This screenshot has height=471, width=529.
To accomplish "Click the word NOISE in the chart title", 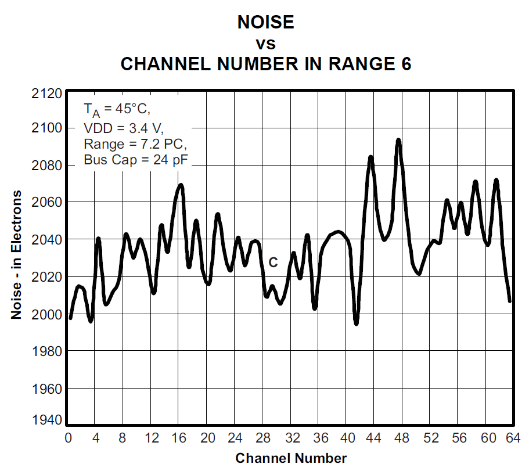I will (265, 22).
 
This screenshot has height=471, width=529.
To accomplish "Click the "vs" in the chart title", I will (265, 44).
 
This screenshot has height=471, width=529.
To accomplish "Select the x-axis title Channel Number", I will (291, 458).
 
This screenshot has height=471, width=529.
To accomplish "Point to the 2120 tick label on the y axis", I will (48, 94).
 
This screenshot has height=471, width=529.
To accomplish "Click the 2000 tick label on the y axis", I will (48, 314).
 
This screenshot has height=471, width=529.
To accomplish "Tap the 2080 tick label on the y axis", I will (48, 165).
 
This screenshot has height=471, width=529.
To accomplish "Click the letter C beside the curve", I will (273, 263).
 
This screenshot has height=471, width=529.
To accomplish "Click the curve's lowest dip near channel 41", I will (356, 323).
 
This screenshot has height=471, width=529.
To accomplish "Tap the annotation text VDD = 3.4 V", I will (124, 127).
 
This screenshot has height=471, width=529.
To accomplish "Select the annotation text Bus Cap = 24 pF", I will (136, 160).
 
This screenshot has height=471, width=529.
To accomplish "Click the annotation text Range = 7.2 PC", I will (135, 143).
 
